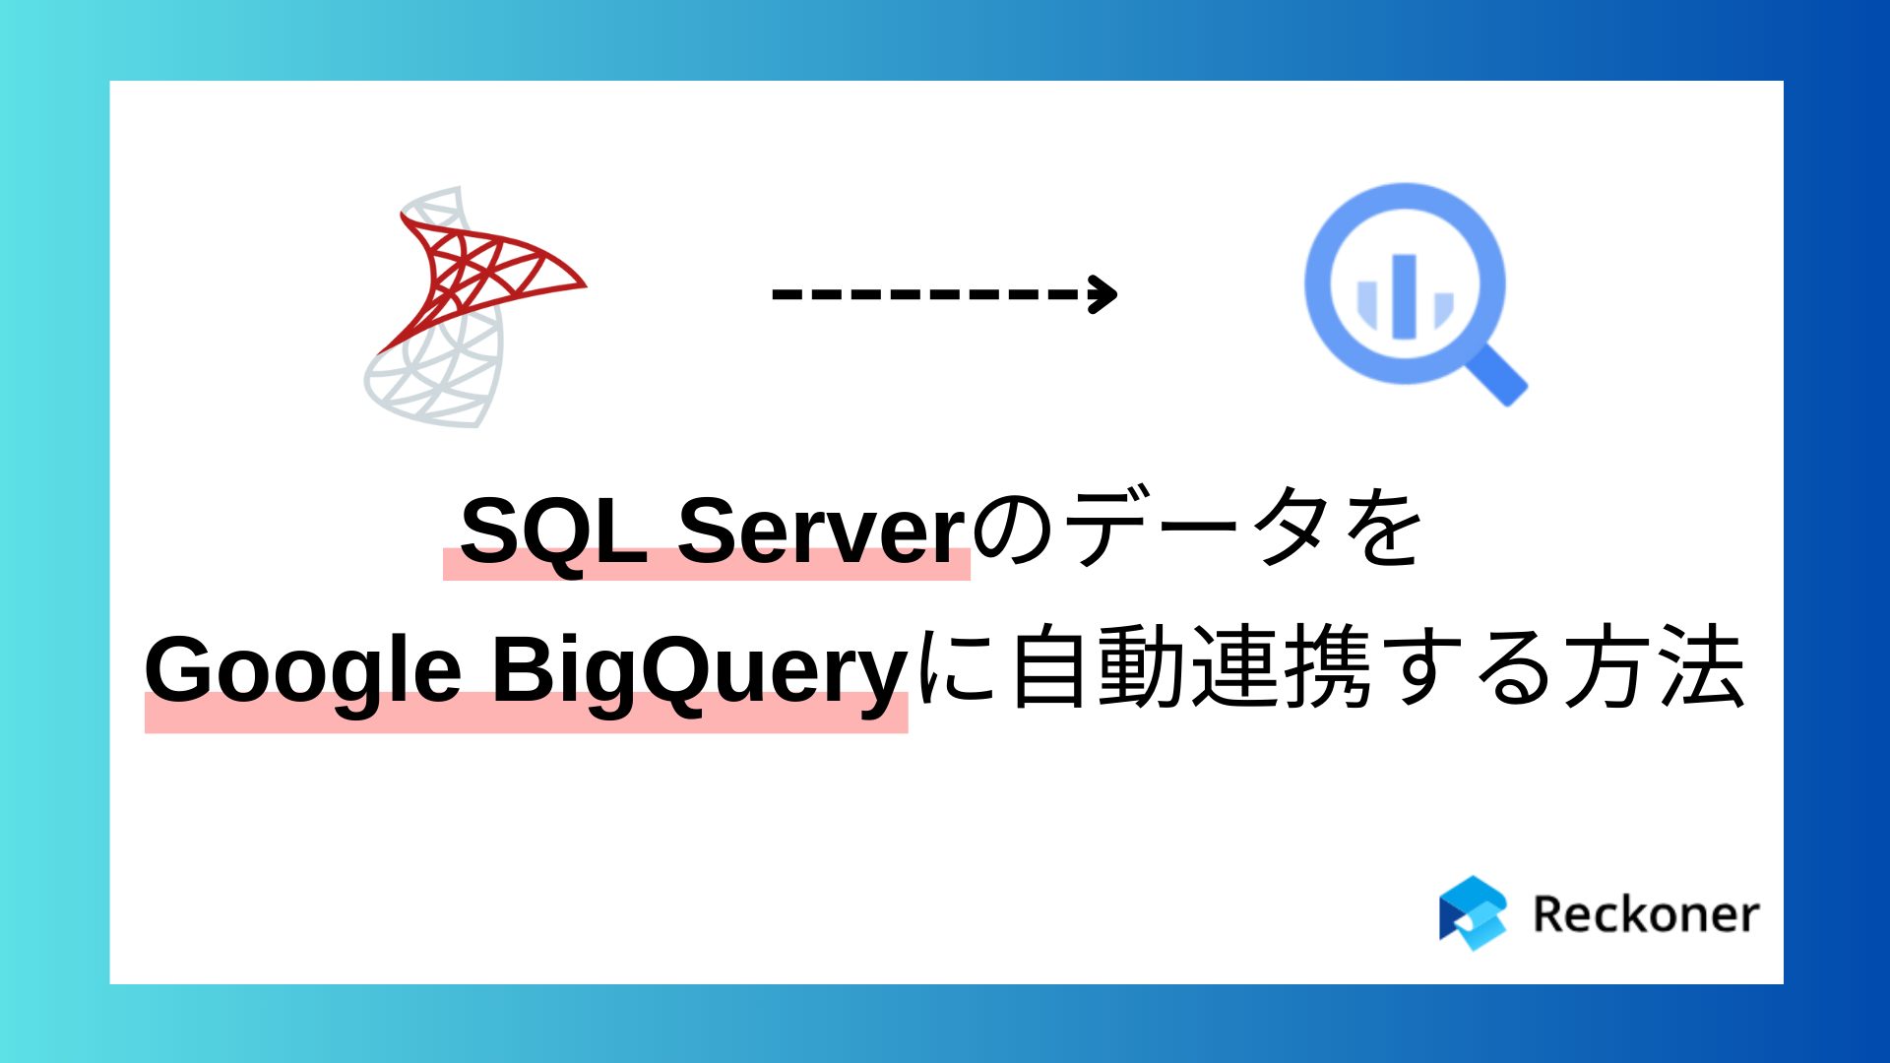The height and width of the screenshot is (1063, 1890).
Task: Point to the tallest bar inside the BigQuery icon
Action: [x=1405, y=295]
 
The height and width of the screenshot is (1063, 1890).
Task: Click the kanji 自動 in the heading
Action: [x=1098, y=669]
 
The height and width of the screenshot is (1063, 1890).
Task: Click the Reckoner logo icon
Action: [x=1473, y=913]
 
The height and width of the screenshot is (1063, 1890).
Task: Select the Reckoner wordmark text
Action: [x=1646, y=914]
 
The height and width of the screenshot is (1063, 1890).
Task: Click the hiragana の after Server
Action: [x=1014, y=531]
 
